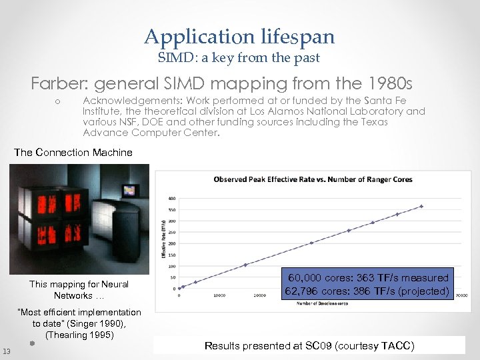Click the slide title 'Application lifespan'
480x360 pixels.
tap(239, 37)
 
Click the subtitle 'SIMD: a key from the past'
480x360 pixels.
tap(239, 58)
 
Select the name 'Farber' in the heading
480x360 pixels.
tap(58, 85)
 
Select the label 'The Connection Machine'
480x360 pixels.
tap(73, 153)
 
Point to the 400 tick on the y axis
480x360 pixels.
tap(172, 198)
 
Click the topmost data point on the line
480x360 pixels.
tap(421, 206)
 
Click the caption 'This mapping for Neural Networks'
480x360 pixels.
tap(79, 290)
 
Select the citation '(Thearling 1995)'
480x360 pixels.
tap(79, 335)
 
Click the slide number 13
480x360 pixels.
tap(7, 351)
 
